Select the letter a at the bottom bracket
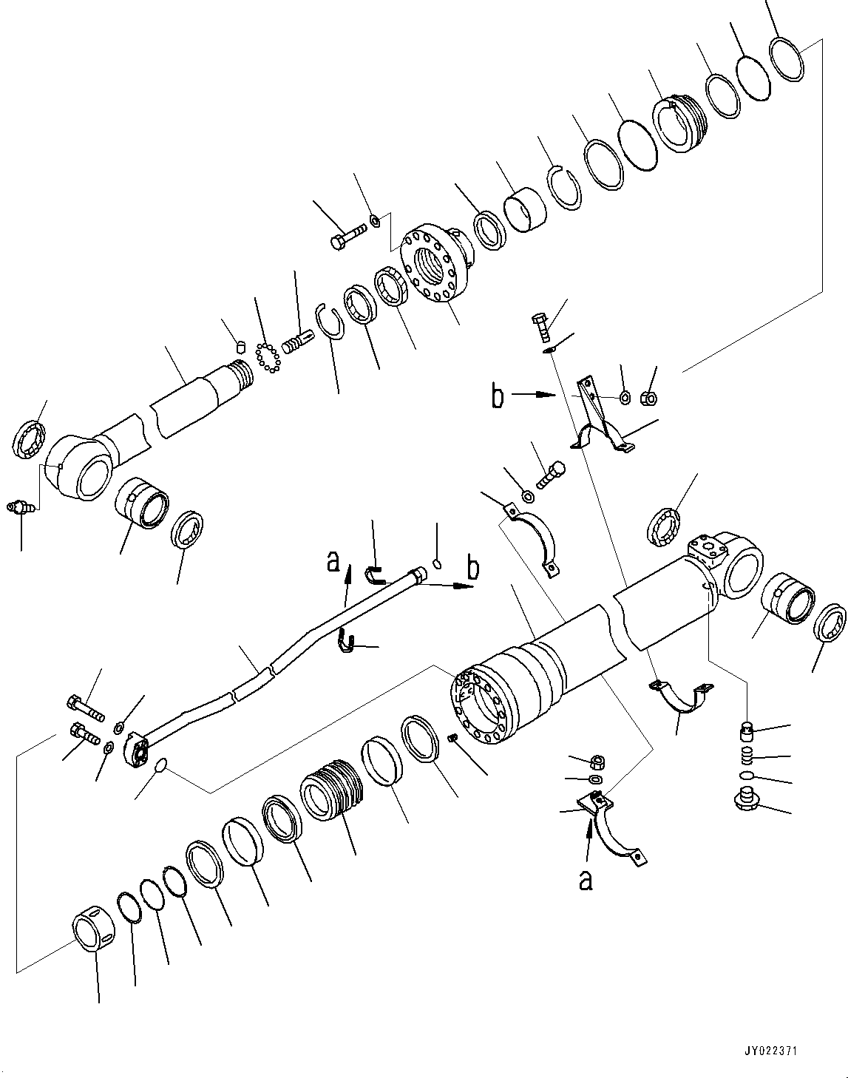pos(586,880)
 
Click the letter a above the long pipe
pos(333,564)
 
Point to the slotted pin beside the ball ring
pos(298,344)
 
